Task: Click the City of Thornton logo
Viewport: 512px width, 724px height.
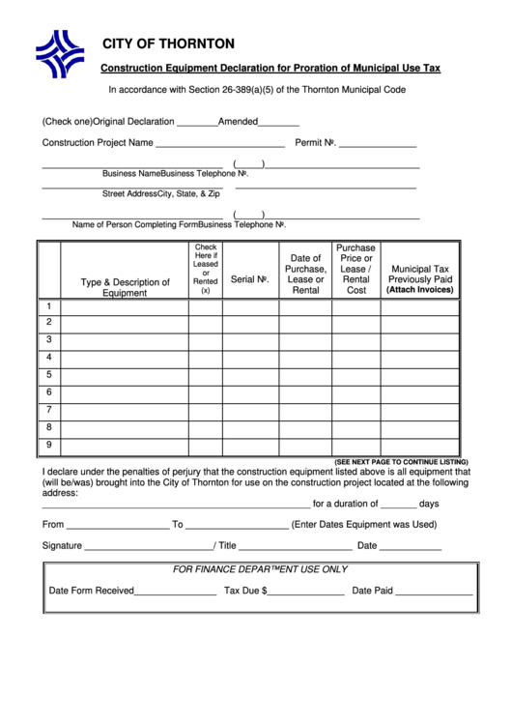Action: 60,54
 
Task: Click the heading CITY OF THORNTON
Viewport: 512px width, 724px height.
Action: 168,43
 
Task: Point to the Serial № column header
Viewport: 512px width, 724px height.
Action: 249,279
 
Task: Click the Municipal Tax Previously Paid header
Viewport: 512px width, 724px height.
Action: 419,279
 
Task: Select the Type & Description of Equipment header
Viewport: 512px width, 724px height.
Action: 125,287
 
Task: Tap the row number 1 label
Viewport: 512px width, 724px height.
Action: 48,306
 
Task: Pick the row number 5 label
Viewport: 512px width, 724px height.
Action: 48,375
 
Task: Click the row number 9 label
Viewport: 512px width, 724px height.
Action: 48,445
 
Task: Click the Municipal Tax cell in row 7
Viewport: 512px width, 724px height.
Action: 419,410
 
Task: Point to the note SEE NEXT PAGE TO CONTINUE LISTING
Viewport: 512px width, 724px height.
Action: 401,462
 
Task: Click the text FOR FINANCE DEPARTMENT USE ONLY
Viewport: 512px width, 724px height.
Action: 260,569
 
